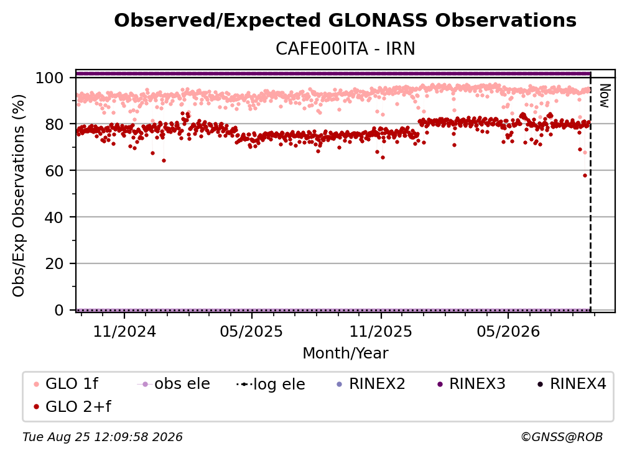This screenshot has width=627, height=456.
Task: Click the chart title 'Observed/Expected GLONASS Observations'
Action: pyautogui.click(x=345, y=21)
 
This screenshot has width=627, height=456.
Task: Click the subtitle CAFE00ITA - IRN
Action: pyautogui.click(x=345, y=49)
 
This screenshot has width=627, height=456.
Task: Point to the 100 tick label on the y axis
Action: pyautogui.click(x=49, y=78)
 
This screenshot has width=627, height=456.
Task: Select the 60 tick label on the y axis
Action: pyautogui.click(x=54, y=171)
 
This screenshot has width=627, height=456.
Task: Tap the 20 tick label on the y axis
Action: pyautogui.click(x=54, y=264)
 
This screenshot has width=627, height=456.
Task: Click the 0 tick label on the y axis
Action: pyautogui.click(x=58, y=310)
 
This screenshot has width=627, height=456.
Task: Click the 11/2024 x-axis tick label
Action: pyautogui.click(x=124, y=331)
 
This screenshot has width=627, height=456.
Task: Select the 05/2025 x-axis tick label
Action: pyautogui.click(x=251, y=331)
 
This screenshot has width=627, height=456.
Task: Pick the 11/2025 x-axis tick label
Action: pyautogui.click(x=381, y=331)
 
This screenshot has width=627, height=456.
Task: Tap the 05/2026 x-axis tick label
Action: pyautogui.click(x=508, y=331)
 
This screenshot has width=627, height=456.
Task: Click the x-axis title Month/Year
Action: pyautogui.click(x=345, y=353)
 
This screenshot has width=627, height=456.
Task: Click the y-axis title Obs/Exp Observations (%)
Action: pyautogui.click(x=19, y=196)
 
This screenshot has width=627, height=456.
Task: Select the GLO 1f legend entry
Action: pyautogui.click(x=67, y=384)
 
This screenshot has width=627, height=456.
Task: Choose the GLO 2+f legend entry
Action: pyautogui.click(x=73, y=406)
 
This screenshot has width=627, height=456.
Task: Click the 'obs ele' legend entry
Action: pyautogui.click(x=174, y=384)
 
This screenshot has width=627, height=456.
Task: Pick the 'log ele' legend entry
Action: pyautogui.click(x=271, y=384)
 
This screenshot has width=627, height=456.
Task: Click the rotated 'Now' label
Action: pyautogui.click(x=604, y=96)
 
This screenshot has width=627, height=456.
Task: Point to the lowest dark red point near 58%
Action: pyautogui.click(x=585, y=175)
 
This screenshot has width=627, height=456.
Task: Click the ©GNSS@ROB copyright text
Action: pyautogui.click(x=562, y=437)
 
